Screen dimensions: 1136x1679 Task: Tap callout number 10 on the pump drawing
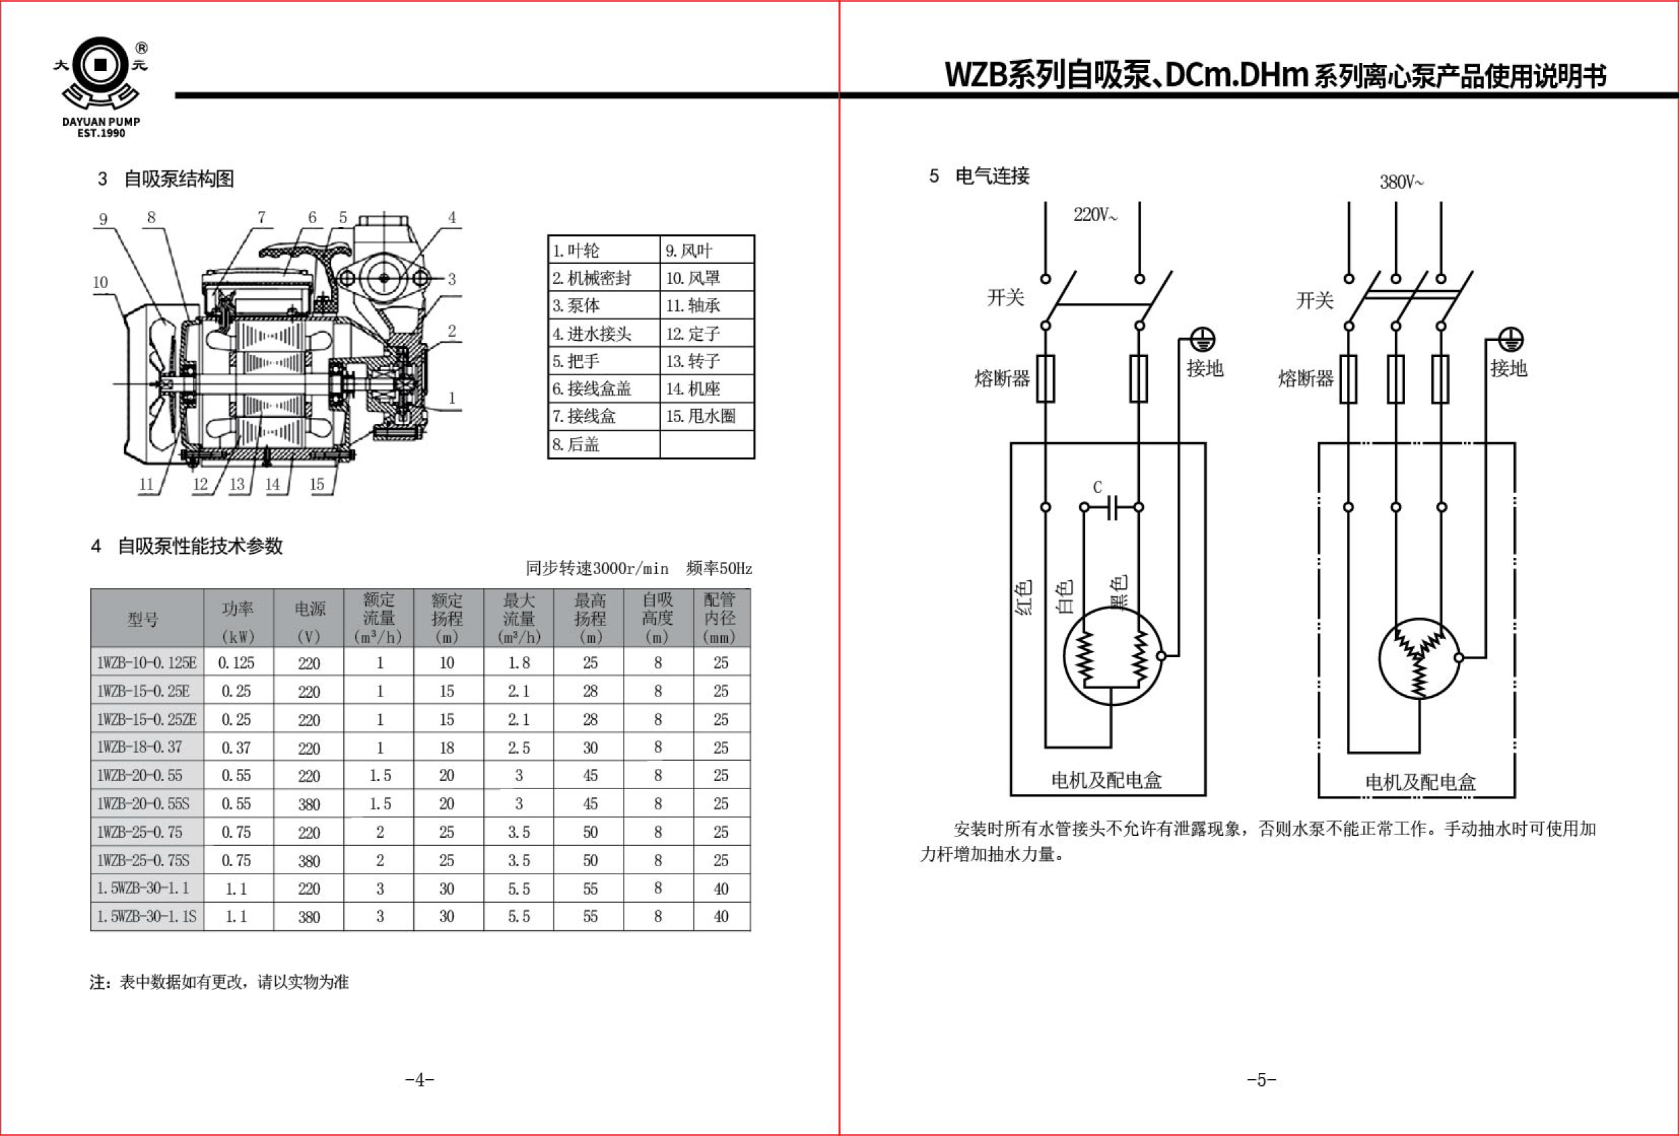pyautogui.click(x=100, y=283)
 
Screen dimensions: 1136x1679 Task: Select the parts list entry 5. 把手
pyautogui.click(x=576, y=361)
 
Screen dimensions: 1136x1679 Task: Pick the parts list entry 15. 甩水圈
pyautogui.click(x=701, y=416)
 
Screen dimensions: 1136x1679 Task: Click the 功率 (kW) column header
pyautogui.click(x=237, y=619)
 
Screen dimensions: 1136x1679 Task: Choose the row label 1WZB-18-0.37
pyautogui.click(x=139, y=747)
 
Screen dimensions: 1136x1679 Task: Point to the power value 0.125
pyautogui.click(x=236, y=662)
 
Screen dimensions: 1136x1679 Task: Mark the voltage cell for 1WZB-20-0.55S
pyautogui.click(x=309, y=804)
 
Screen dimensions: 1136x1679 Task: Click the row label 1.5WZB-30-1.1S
pyautogui.click(x=147, y=916)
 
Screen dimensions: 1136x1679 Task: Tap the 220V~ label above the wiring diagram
pyautogui.click(x=1095, y=214)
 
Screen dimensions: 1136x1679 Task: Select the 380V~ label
pyautogui.click(x=1401, y=182)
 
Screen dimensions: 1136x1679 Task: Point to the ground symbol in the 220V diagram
pyautogui.click(x=1202, y=339)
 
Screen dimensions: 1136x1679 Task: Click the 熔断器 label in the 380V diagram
pyautogui.click(x=1306, y=379)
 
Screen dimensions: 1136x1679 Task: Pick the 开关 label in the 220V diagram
pyautogui.click(x=1006, y=298)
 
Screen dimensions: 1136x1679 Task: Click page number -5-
pyautogui.click(x=1262, y=1080)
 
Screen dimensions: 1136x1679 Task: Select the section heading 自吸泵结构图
pyautogui.click(x=179, y=179)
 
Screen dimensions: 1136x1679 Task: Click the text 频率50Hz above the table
pyautogui.click(x=719, y=569)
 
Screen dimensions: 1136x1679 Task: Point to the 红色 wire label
pyautogui.click(x=1024, y=597)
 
